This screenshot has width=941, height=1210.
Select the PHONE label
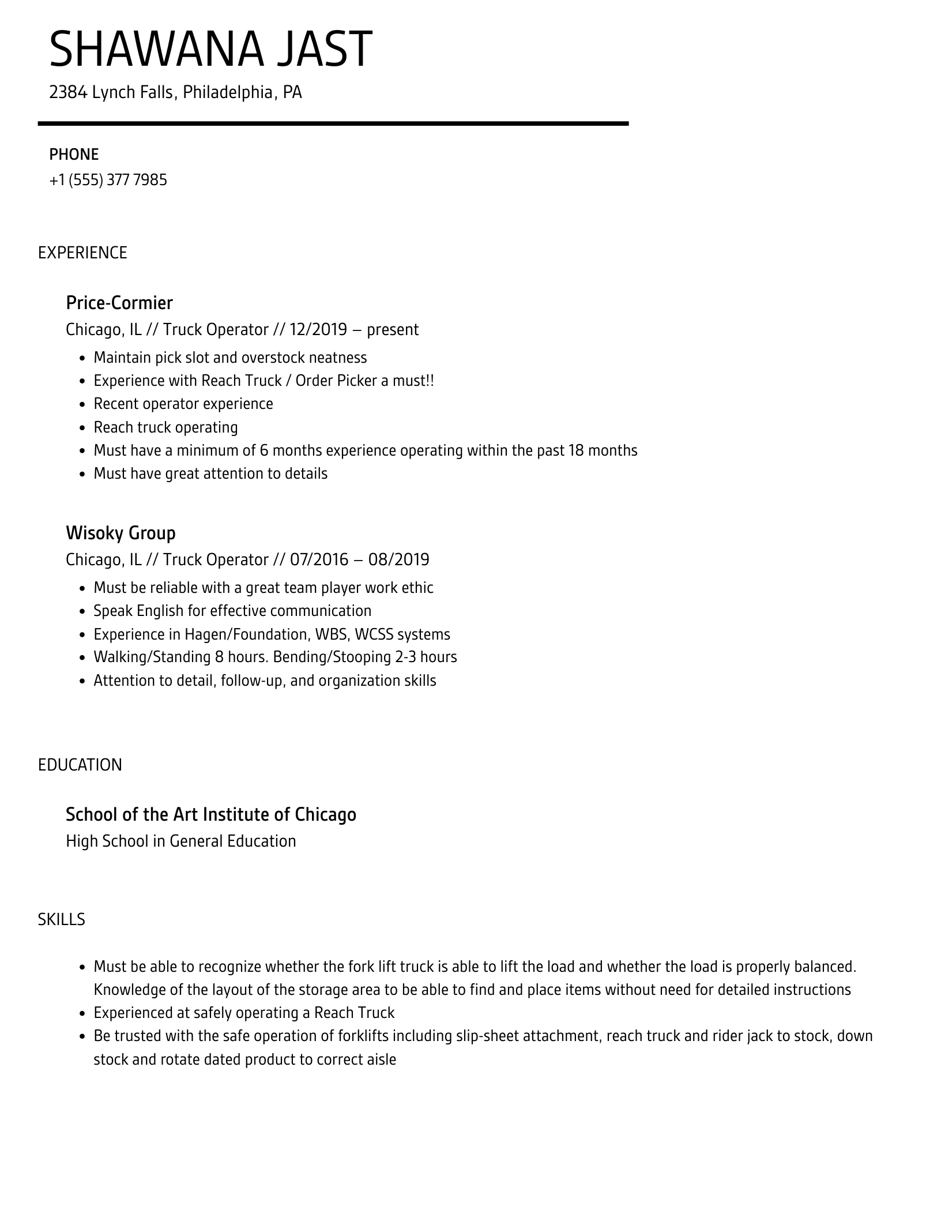coord(74,155)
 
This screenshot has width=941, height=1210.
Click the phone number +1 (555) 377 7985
coord(108,180)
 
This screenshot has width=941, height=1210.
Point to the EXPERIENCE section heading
coord(82,253)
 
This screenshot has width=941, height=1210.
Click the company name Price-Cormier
coord(119,303)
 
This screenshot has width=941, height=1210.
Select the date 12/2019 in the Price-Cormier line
coord(318,329)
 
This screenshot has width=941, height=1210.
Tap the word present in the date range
coord(393,330)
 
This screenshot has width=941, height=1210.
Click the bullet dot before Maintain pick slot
coord(82,358)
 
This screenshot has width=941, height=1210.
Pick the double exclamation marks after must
coord(430,381)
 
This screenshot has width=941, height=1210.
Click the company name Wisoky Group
coord(121,533)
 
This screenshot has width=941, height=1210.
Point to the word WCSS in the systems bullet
coord(374,634)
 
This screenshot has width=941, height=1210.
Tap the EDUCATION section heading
coord(80,765)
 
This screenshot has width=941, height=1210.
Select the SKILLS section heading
coord(62,919)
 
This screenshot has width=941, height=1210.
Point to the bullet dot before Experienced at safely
coord(82,1013)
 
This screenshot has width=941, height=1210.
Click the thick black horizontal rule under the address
coord(333,123)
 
